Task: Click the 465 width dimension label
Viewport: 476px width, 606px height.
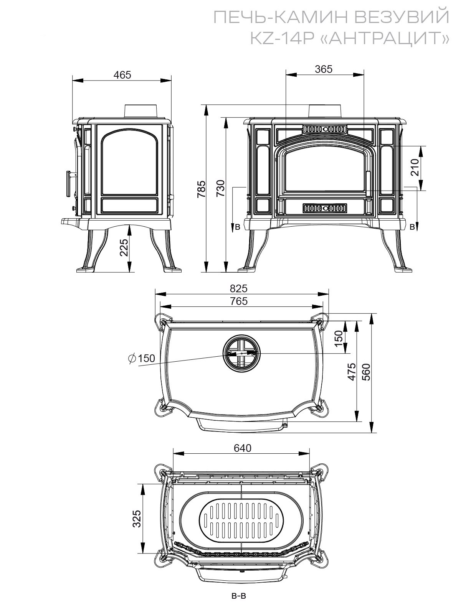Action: pos(122,75)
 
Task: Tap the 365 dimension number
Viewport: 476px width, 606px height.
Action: pos(324,69)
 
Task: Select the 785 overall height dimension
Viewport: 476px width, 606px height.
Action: pos(201,189)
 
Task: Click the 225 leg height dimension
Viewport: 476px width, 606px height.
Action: pos(124,247)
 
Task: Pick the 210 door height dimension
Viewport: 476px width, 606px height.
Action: pos(415,167)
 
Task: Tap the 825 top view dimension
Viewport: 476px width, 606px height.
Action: pos(238,289)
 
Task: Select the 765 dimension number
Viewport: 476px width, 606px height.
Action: pos(239,301)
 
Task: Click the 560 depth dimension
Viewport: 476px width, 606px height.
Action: pos(366,372)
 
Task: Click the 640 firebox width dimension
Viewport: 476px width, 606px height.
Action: pos(243,448)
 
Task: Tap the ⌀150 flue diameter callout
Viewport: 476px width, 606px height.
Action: pos(142,358)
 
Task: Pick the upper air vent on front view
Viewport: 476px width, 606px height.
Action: pos(325,129)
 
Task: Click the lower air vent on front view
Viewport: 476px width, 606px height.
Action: pos(325,208)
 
